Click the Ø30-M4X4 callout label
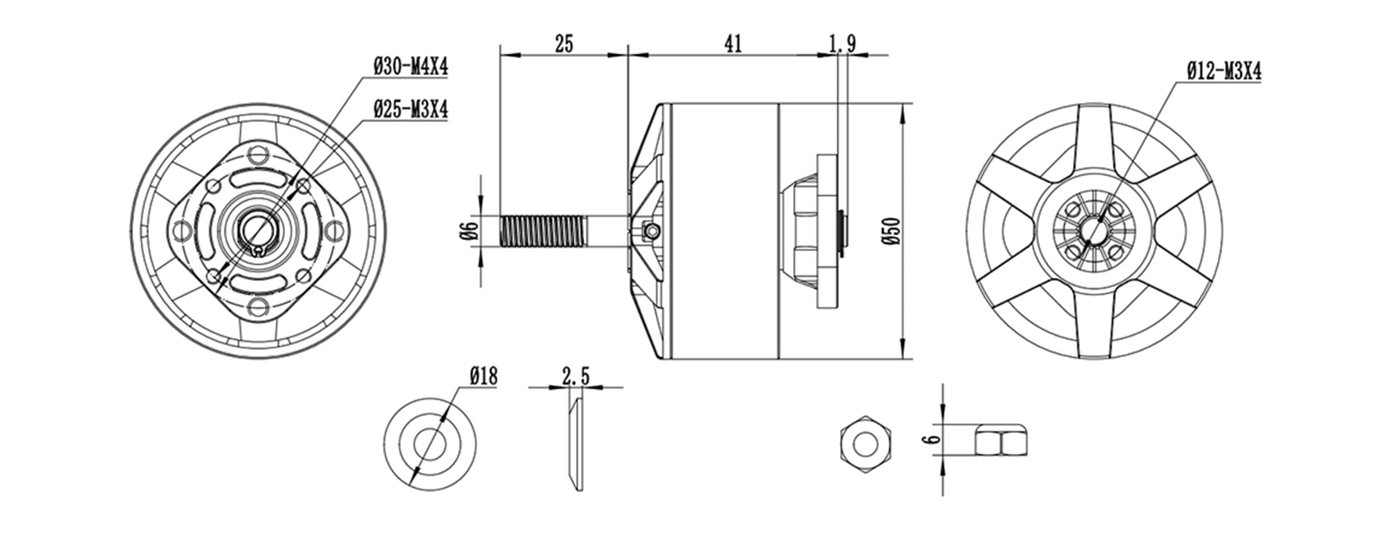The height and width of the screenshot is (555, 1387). [411, 68]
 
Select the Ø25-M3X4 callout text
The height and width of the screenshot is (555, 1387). [411, 110]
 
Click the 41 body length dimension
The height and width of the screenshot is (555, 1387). [732, 44]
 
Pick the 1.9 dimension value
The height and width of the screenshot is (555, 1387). [842, 44]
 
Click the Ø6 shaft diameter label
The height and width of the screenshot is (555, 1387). [469, 231]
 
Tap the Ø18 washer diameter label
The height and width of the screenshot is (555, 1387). [483, 377]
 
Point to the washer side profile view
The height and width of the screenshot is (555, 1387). [575, 445]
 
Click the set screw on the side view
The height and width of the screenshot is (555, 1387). [651, 230]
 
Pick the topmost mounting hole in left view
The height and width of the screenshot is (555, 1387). [257, 153]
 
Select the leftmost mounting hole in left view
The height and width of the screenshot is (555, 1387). [181, 228]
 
